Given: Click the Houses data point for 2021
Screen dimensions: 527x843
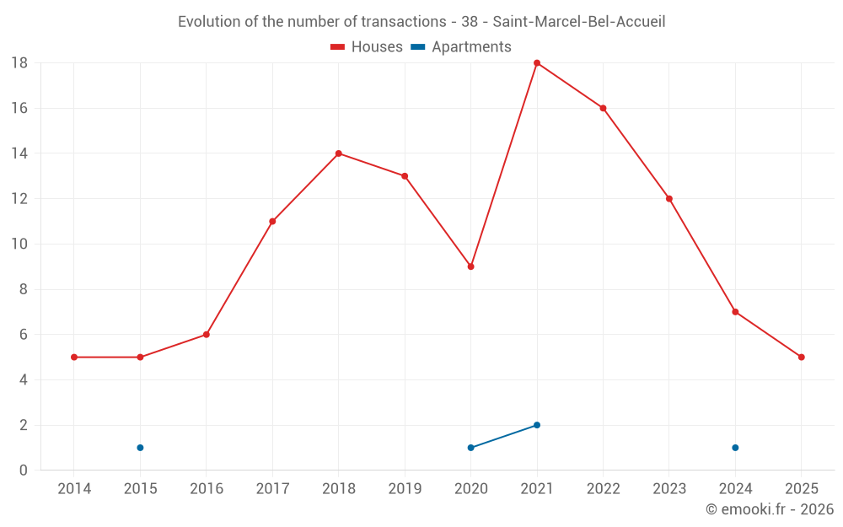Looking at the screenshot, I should tap(537, 63).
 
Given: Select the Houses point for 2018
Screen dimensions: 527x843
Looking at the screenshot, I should tap(338, 153).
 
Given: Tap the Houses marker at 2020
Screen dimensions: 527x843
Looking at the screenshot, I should tap(470, 266).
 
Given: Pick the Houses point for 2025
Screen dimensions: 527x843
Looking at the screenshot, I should tap(801, 357).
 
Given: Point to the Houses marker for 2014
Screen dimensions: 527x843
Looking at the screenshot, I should tap(74, 357).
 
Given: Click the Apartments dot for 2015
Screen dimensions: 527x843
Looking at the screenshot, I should tap(140, 448).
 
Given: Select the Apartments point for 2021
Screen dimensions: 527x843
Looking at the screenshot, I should tap(537, 425).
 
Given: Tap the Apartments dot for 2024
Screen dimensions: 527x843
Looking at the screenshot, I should tap(735, 448).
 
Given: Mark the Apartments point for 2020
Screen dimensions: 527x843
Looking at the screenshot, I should tap(470, 448).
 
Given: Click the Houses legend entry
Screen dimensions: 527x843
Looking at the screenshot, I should tap(367, 47).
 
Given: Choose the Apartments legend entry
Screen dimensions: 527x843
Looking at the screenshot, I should tap(461, 47).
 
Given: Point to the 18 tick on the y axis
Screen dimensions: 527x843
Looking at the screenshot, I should tap(19, 63).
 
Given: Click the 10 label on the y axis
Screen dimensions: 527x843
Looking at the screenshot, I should tap(19, 245).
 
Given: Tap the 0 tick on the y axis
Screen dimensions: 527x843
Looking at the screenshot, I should tap(24, 471).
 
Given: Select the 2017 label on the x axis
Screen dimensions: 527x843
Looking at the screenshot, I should tap(272, 489).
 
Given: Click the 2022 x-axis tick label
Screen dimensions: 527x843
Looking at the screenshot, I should tap(603, 489).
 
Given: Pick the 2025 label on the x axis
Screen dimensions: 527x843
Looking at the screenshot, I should tap(801, 489).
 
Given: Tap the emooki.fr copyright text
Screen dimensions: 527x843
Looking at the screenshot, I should tap(770, 509).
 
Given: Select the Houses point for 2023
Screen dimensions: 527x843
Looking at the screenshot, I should tap(668, 199).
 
